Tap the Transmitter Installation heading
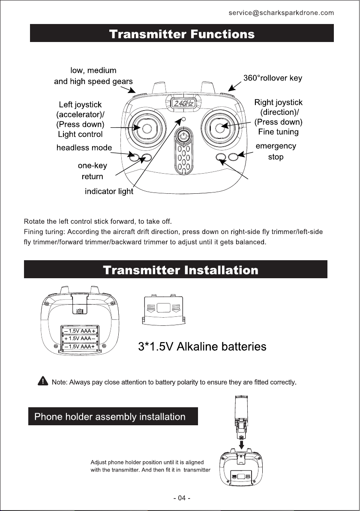pos(180,270)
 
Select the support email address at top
pos(281,13)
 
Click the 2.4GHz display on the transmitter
pos(183,103)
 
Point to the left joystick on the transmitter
pos(146,128)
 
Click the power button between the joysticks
pos(183,136)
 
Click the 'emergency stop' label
pos(276,151)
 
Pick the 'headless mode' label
pos(84,148)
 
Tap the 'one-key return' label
pos(92,171)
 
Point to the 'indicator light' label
pos(109,192)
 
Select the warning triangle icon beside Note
pos(42,381)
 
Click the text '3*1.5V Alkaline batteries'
pos(202,346)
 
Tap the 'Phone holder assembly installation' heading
pos(110,417)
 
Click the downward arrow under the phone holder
pos(242,442)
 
